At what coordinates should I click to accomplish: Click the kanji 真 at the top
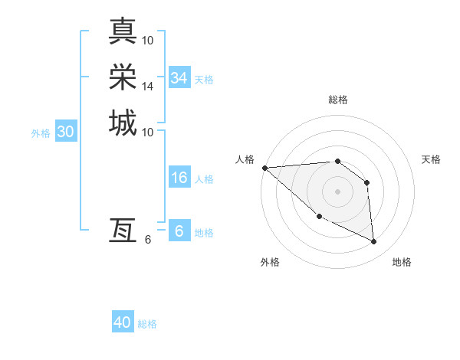pyautogui.click(x=123, y=31)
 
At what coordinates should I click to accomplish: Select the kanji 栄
pyautogui.click(x=123, y=77)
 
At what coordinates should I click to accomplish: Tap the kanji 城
pyautogui.click(x=123, y=123)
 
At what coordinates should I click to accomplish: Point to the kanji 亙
pyautogui.click(x=123, y=230)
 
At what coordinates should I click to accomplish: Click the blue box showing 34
pyautogui.click(x=179, y=78)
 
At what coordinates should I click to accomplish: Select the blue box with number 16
pyautogui.click(x=179, y=178)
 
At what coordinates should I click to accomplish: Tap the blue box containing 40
pyautogui.click(x=123, y=322)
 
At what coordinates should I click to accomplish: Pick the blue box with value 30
pyautogui.click(x=66, y=132)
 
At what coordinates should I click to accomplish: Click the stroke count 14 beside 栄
pyautogui.click(x=148, y=87)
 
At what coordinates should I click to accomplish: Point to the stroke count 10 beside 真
pyautogui.click(x=148, y=40)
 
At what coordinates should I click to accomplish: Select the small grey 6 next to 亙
pyautogui.click(x=148, y=240)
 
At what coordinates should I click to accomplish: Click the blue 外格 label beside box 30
pyautogui.click(x=41, y=133)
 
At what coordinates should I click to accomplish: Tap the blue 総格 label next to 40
pyautogui.click(x=147, y=324)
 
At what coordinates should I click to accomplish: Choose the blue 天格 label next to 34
pyautogui.click(x=204, y=79)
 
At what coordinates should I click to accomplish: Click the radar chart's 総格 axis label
pyautogui.click(x=337, y=100)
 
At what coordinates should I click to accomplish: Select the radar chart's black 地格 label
pyautogui.click(x=402, y=262)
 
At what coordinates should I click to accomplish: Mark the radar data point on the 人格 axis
pyautogui.click(x=264, y=168)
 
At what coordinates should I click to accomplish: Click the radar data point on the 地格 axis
pyautogui.click(x=374, y=242)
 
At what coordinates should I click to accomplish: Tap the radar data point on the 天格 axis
pyautogui.click(x=367, y=182)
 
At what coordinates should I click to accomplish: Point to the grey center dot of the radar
pyautogui.click(x=337, y=191)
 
